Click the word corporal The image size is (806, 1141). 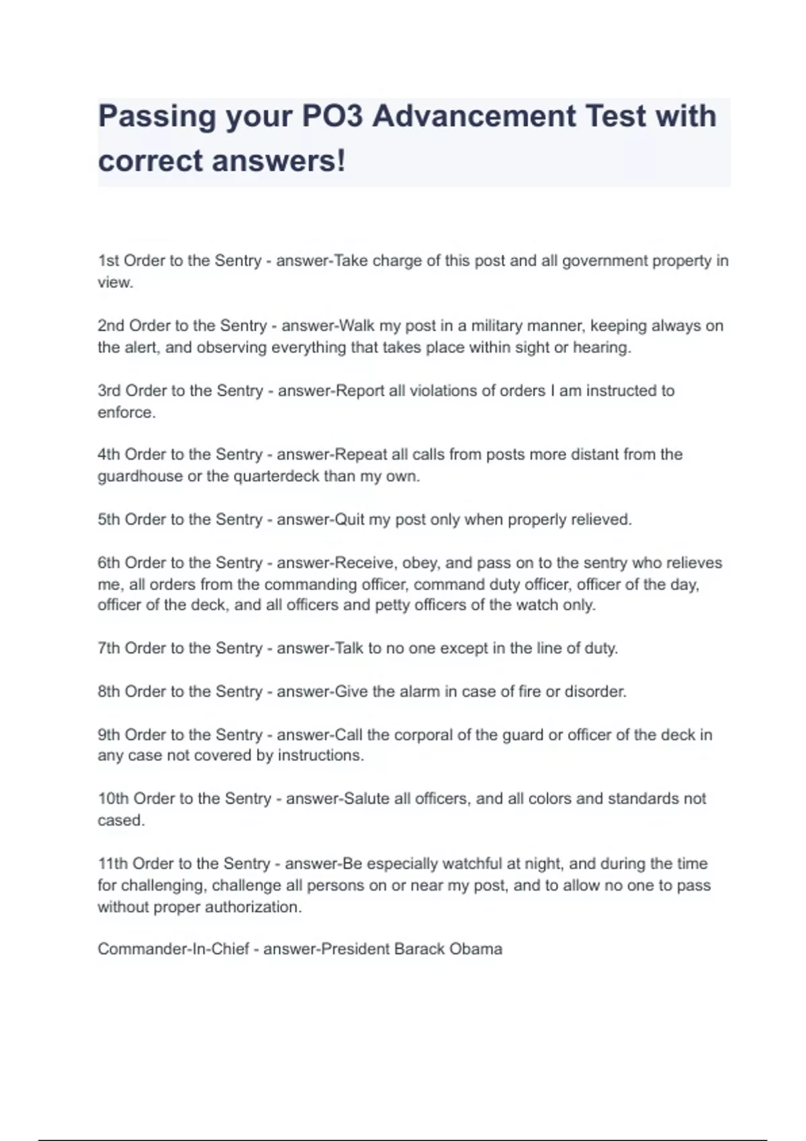(422, 735)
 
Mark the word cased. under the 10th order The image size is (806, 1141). (121, 820)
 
